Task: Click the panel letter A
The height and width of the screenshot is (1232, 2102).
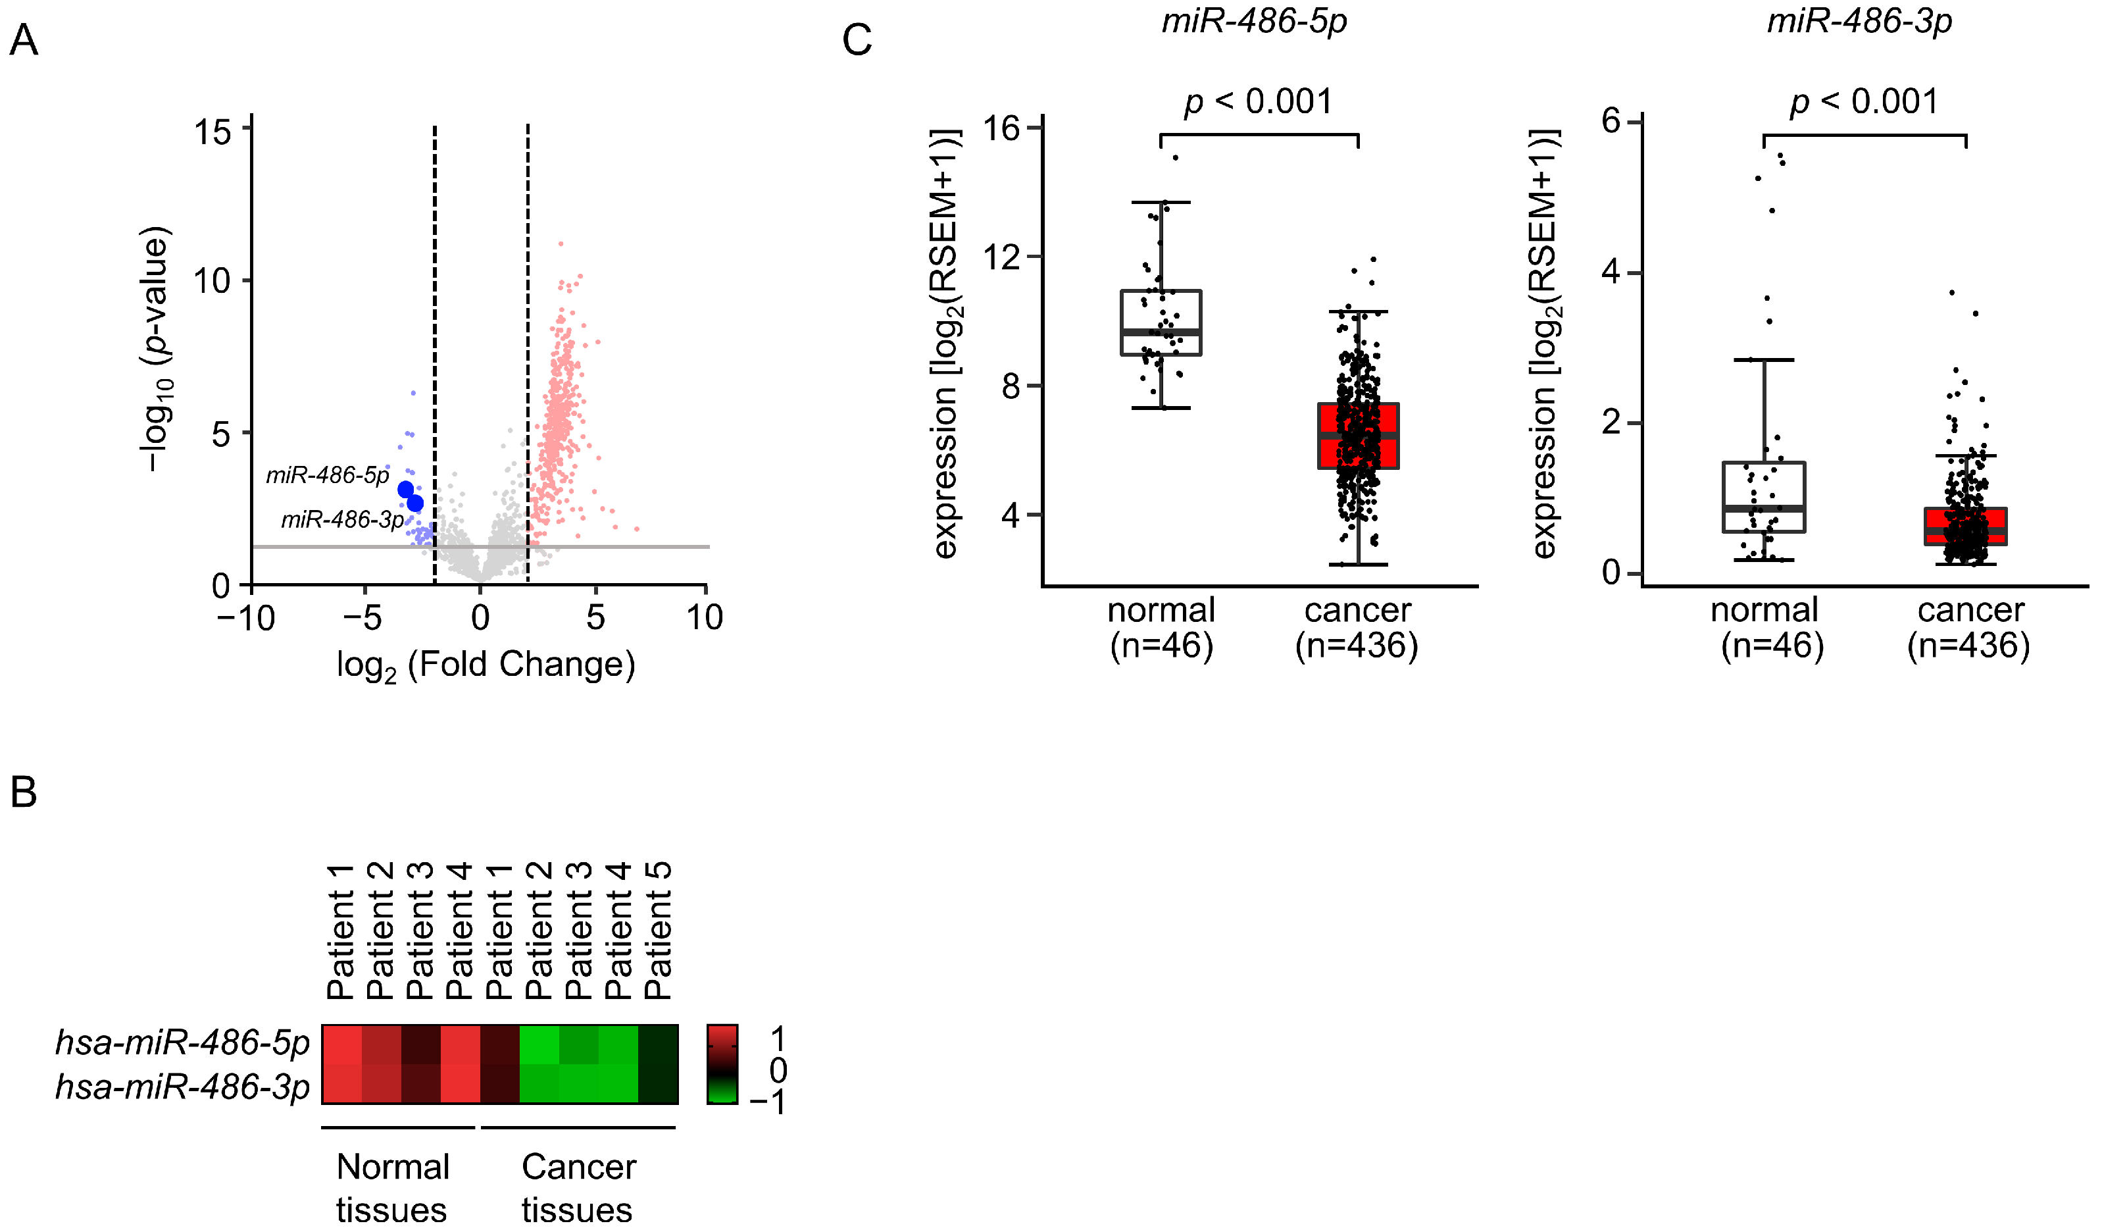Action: pyautogui.click(x=24, y=40)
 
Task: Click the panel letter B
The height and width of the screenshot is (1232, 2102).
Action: pyautogui.click(x=24, y=792)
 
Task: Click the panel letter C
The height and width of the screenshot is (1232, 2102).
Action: pyautogui.click(x=857, y=40)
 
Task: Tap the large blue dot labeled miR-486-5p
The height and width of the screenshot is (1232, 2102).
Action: pyautogui.click(x=405, y=490)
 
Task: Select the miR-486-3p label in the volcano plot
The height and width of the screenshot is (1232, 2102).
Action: pyautogui.click(x=342, y=520)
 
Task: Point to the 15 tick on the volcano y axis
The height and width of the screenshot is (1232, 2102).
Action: pyautogui.click(x=213, y=132)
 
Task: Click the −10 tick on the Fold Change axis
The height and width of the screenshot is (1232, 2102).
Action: pyautogui.click(x=245, y=618)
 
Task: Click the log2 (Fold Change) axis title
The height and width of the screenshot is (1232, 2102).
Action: pyautogui.click(x=486, y=665)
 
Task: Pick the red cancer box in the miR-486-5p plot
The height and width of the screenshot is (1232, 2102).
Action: pyautogui.click(x=1358, y=436)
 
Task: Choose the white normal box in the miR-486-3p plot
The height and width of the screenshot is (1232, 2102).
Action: pyautogui.click(x=1764, y=497)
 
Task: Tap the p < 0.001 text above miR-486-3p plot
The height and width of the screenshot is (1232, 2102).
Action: pyautogui.click(x=1864, y=102)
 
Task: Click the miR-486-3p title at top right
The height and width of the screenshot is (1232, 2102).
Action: pyautogui.click(x=1859, y=21)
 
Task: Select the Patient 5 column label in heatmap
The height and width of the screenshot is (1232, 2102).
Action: pyautogui.click(x=658, y=930)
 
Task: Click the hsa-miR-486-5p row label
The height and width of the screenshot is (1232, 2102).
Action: pyautogui.click(x=182, y=1042)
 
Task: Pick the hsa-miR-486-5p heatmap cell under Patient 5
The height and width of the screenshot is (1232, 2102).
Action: pyautogui.click(x=658, y=1044)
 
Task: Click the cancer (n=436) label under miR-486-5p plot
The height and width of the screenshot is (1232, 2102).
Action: pyautogui.click(x=1357, y=628)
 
